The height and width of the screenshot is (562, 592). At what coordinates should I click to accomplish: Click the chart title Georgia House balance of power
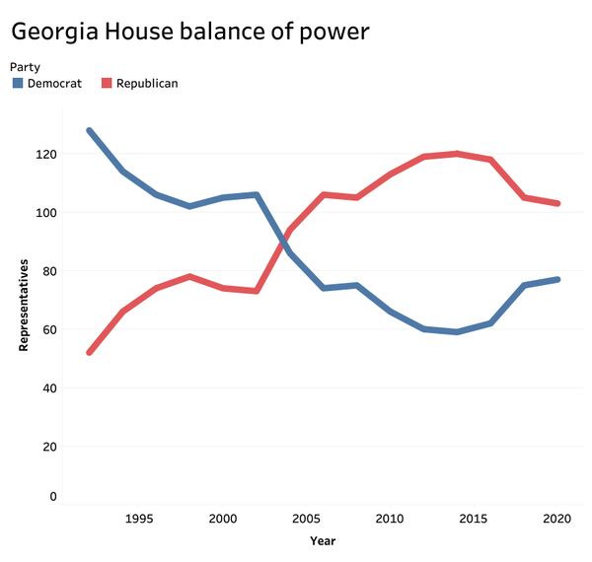pyautogui.click(x=189, y=32)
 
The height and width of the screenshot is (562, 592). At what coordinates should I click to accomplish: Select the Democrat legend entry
pyautogui.click(x=54, y=84)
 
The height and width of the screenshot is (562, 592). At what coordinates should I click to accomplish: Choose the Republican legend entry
pyautogui.click(x=147, y=84)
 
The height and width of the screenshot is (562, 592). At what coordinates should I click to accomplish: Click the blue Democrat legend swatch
pyautogui.click(x=18, y=84)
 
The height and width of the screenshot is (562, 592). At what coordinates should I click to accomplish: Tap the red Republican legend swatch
pyautogui.click(x=108, y=84)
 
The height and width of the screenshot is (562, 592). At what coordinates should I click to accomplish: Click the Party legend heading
pyautogui.click(x=25, y=66)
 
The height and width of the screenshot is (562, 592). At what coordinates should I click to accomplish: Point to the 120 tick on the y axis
pyautogui.click(x=45, y=155)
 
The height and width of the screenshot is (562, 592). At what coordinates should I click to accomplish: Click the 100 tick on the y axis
pyautogui.click(x=45, y=213)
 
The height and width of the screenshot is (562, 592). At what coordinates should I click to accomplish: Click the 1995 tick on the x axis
pyautogui.click(x=140, y=519)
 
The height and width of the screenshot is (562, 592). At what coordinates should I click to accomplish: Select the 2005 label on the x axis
pyautogui.click(x=307, y=519)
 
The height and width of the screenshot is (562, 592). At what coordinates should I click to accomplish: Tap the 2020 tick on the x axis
pyautogui.click(x=557, y=519)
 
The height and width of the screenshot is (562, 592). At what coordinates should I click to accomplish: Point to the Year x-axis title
pyautogui.click(x=323, y=541)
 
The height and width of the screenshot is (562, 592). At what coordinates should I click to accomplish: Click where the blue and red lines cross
pyautogui.click(x=286, y=240)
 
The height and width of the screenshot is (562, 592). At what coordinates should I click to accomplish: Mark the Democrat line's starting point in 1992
pyautogui.click(x=90, y=130)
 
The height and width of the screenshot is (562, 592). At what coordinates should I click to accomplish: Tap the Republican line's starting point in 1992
pyautogui.click(x=90, y=352)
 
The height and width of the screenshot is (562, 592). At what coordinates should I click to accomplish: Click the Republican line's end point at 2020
pyautogui.click(x=557, y=204)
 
